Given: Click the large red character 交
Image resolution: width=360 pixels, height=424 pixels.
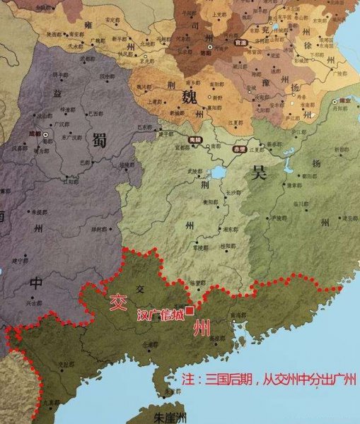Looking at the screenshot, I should coord(116,301).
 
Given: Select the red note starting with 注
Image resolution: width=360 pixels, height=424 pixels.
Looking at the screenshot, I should coord(269,378).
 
